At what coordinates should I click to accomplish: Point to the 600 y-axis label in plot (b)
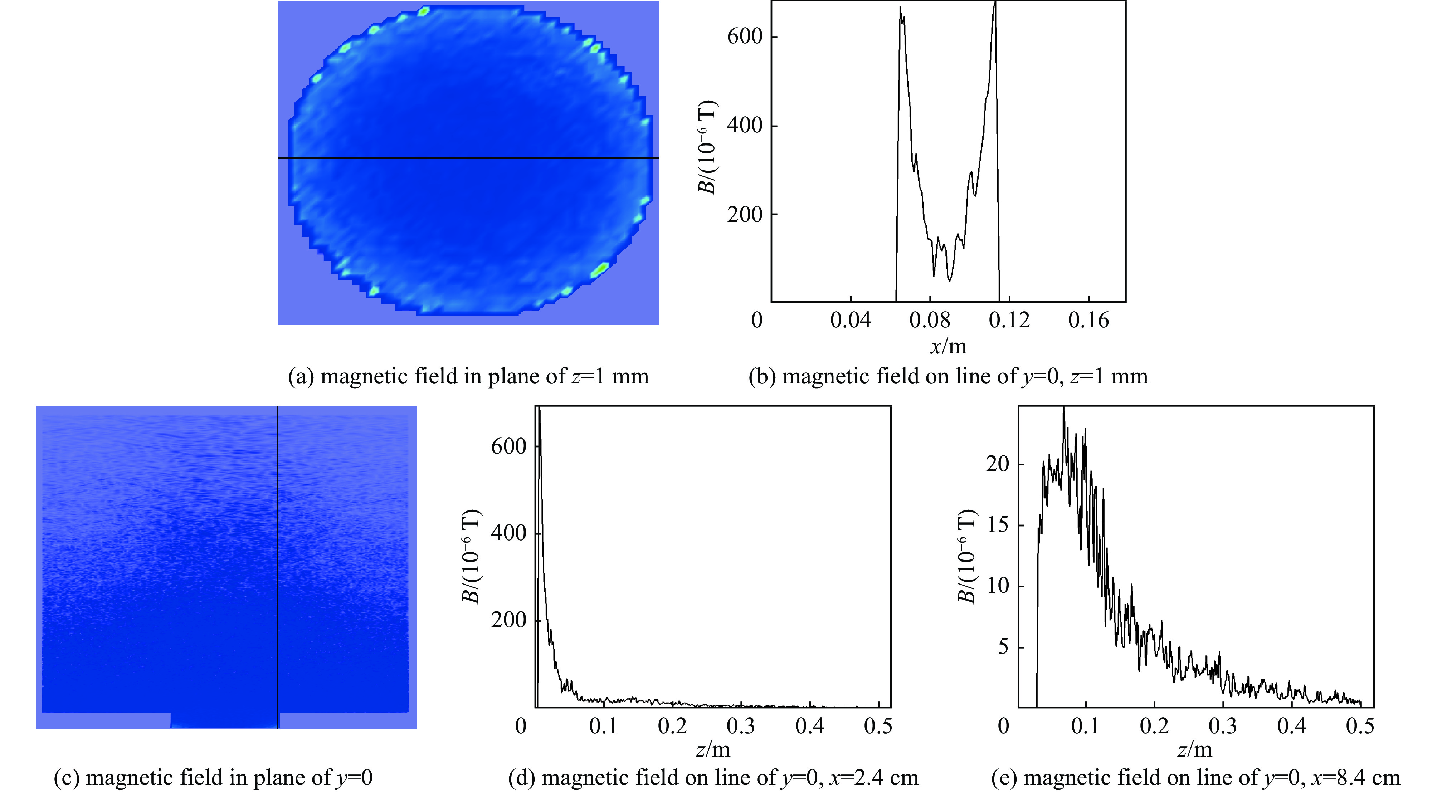744,37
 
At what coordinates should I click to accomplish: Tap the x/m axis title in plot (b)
948,346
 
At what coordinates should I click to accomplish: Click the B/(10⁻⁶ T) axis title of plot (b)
707,147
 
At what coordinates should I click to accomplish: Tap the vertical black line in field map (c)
277,558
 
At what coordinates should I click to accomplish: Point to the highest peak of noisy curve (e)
1063,409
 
